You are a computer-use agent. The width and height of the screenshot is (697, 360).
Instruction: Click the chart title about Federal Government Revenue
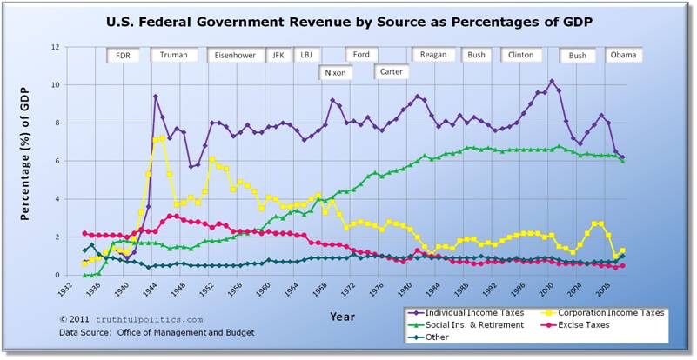click(348, 21)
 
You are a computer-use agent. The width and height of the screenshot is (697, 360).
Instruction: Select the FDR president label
click(123, 55)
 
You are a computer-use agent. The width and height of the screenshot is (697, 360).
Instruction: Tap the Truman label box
click(174, 55)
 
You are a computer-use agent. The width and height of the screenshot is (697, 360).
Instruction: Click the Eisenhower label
click(236, 55)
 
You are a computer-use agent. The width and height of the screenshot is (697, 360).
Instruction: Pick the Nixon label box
click(334, 72)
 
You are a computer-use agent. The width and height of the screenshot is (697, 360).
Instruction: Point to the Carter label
click(392, 72)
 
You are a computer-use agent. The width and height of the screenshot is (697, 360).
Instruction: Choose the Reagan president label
click(432, 55)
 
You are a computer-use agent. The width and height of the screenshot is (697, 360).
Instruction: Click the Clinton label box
click(520, 55)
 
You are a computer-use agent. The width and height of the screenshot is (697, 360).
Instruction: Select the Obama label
click(623, 55)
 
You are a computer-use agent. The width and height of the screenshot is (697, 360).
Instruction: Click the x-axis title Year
click(342, 317)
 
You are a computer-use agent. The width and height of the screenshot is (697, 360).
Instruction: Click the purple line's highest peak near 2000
click(552, 81)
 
